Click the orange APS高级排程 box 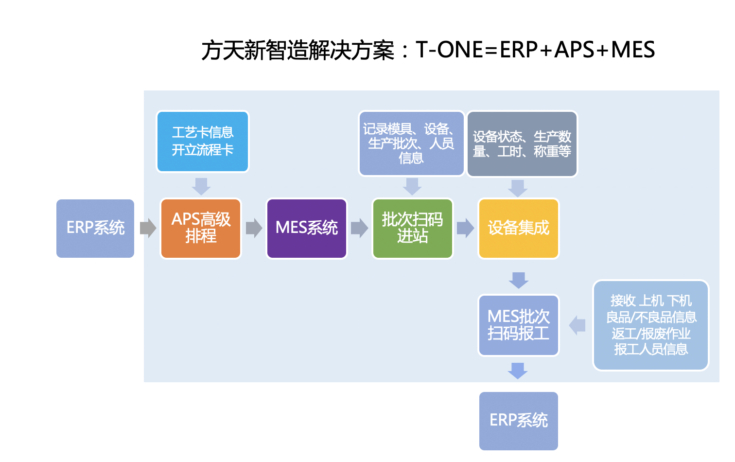point(201,228)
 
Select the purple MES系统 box point(307,228)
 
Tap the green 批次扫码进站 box point(412,228)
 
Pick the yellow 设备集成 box point(518,228)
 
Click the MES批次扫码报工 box point(518,325)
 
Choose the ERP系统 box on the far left point(95,228)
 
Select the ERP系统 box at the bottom point(518,421)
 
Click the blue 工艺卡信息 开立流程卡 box point(202,142)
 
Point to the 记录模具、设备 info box point(411,143)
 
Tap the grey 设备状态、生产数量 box point(522,144)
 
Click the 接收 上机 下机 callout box point(650,325)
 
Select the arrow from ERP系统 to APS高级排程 point(148,228)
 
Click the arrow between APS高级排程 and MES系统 point(254,228)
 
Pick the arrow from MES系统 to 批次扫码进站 point(359,228)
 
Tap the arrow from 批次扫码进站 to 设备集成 point(465,228)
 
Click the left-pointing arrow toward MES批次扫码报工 point(577,325)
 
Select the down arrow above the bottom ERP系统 point(518,371)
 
